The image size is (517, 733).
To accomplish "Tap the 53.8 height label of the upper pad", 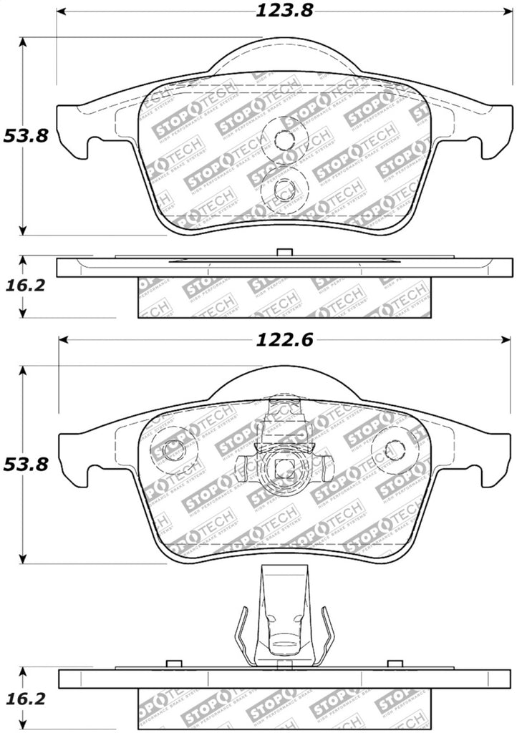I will coord(24,135).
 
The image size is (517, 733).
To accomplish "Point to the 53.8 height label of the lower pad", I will coord(24,465).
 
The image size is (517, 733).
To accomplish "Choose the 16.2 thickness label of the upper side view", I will coord(24,285).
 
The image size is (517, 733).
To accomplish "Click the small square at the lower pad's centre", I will coord(284,470).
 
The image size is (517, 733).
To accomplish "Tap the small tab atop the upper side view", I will coord(284,251).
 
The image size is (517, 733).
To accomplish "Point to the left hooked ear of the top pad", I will coord(74,132).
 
